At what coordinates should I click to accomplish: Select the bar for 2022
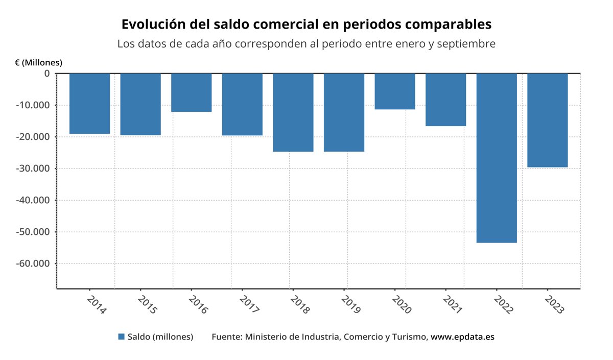[497, 158]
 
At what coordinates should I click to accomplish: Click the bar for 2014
[89, 104]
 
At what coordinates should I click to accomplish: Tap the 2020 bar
[395, 91]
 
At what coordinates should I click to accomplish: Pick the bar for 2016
[191, 92]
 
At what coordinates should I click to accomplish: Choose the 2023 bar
[547, 120]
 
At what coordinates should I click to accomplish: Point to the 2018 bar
[293, 112]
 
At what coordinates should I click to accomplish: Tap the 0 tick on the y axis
[46, 74]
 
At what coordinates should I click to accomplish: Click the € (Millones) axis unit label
[38, 63]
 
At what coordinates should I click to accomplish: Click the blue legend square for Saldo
[121, 337]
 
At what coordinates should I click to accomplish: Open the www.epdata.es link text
[462, 337]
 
